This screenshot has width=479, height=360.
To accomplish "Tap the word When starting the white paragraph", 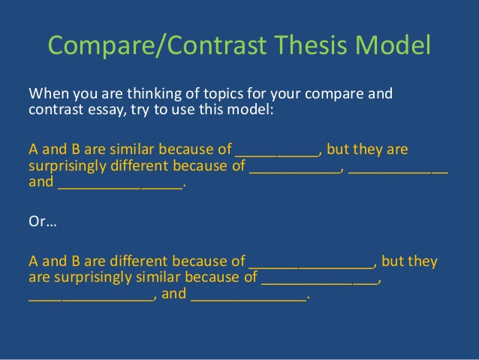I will pyautogui.click(x=47, y=94).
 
